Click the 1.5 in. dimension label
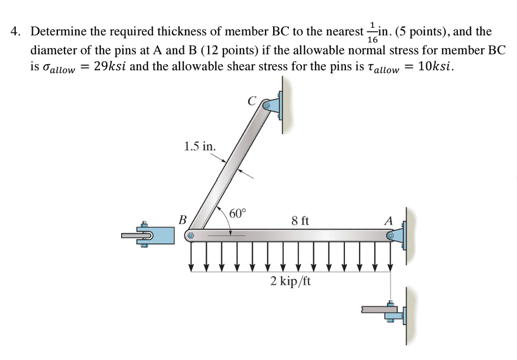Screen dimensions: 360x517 (200, 146)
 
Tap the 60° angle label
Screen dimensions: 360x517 (237, 213)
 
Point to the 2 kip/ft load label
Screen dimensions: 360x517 (290, 281)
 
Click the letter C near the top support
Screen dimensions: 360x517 (252, 100)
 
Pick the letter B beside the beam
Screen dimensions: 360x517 (182, 220)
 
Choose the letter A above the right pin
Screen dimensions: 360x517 (388, 221)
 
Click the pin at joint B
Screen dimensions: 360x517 (191, 235)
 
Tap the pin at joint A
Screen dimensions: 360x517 (390, 235)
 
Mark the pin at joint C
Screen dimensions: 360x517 (266, 106)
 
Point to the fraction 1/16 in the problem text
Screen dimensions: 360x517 (373, 32)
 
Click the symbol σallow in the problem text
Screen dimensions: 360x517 (57, 68)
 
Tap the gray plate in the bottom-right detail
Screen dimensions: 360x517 (376, 308)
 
